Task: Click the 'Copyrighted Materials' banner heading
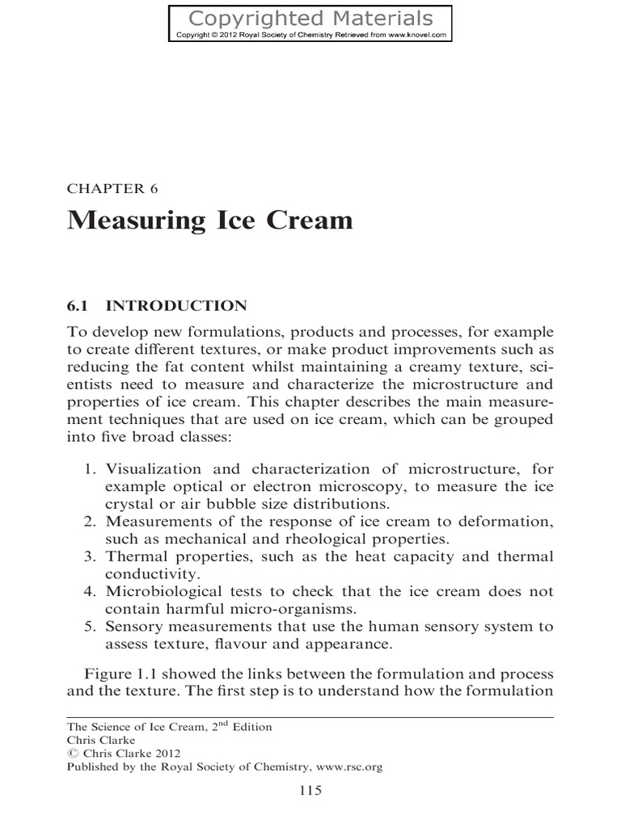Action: [x=310, y=19]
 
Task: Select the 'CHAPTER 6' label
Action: [x=112, y=190]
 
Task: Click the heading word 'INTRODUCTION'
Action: [x=176, y=305]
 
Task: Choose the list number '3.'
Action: [x=91, y=556]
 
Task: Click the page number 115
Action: [x=310, y=791]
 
